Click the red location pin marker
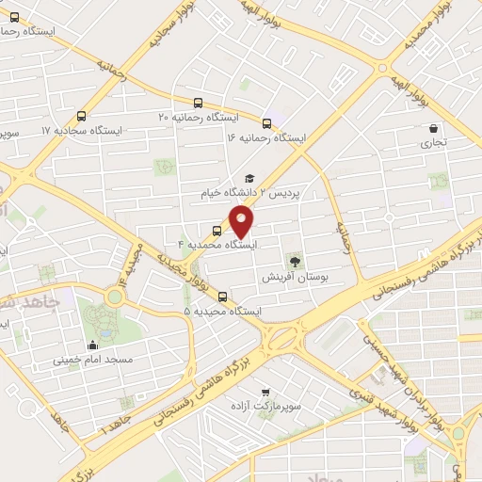(x=242, y=222)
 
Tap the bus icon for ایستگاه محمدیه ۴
(x=217, y=230)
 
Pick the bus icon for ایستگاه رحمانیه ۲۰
(x=197, y=103)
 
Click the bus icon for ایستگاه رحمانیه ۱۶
(x=267, y=123)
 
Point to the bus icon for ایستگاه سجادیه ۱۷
(x=81, y=117)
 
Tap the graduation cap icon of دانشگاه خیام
(x=249, y=178)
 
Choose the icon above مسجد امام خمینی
(x=91, y=345)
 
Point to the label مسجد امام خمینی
(x=92, y=360)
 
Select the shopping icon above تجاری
(x=433, y=129)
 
